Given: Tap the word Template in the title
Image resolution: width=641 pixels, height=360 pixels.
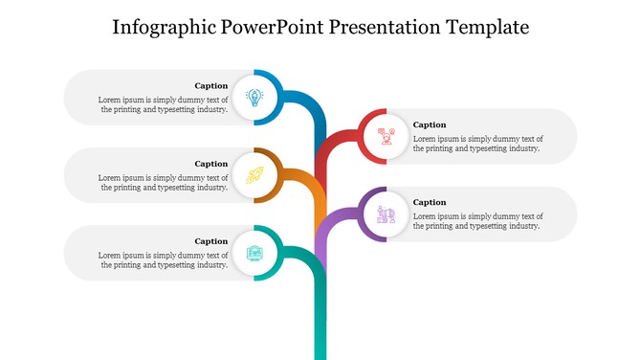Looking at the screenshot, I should tap(487, 27).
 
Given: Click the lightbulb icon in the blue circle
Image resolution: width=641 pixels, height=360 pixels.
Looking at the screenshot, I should tap(254, 97).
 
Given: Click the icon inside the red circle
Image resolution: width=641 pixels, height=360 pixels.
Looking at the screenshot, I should tap(387, 136).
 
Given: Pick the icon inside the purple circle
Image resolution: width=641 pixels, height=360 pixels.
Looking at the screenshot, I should tap(387, 214).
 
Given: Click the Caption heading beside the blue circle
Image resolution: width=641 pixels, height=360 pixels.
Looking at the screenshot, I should tap(210, 85).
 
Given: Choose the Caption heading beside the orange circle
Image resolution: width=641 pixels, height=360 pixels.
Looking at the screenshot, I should tap(210, 164).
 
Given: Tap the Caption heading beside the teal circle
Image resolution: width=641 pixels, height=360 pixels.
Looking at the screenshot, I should tap(210, 241).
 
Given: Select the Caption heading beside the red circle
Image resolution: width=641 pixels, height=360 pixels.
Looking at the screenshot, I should tap(430, 124).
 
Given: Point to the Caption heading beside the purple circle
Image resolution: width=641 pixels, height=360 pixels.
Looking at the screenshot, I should tap(430, 202).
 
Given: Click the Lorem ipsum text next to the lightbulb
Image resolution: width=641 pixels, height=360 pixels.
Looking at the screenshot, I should tap(164, 104).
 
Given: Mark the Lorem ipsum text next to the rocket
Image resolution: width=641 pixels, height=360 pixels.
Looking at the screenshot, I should tap(164, 182).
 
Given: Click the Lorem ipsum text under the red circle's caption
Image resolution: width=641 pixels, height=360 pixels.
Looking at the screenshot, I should tap(477, 144).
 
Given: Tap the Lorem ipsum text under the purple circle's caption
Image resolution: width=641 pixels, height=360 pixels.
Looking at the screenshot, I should tap(477, 221).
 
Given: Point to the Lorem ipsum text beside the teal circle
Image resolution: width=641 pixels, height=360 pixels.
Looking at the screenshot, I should tap(164, 259).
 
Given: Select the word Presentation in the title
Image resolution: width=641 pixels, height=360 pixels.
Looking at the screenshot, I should tap(385, 27).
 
